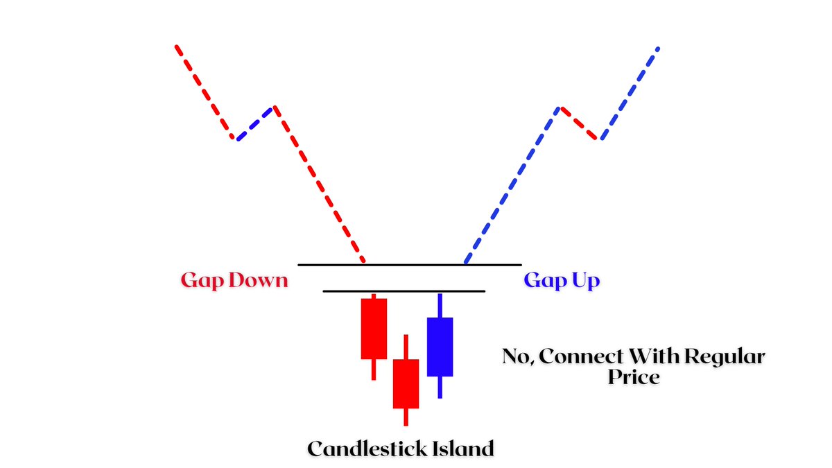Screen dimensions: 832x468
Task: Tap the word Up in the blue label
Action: [x=584, y=281]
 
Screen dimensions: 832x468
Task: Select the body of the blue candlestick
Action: [x=440, y=347]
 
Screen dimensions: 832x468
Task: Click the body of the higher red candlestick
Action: [x=374, y=328]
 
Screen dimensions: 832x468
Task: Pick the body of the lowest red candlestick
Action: [x=406, y=383]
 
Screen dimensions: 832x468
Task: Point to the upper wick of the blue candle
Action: [x=440, y=306]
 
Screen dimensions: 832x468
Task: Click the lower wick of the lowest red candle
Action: [x=406, y=417]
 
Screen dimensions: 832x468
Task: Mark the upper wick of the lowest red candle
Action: [x=406, y=347]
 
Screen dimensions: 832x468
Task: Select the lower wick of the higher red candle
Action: [x=374, y=369]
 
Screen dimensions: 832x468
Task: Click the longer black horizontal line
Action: [x=409, y=265]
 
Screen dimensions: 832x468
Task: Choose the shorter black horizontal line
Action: [x=404, y=291]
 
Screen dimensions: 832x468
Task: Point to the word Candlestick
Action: [x=367, y=449]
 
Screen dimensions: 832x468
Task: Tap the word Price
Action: [x=634, y=379]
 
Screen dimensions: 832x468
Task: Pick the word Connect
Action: [x=580, y=358]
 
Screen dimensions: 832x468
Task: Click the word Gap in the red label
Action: [x=200, y=281]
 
